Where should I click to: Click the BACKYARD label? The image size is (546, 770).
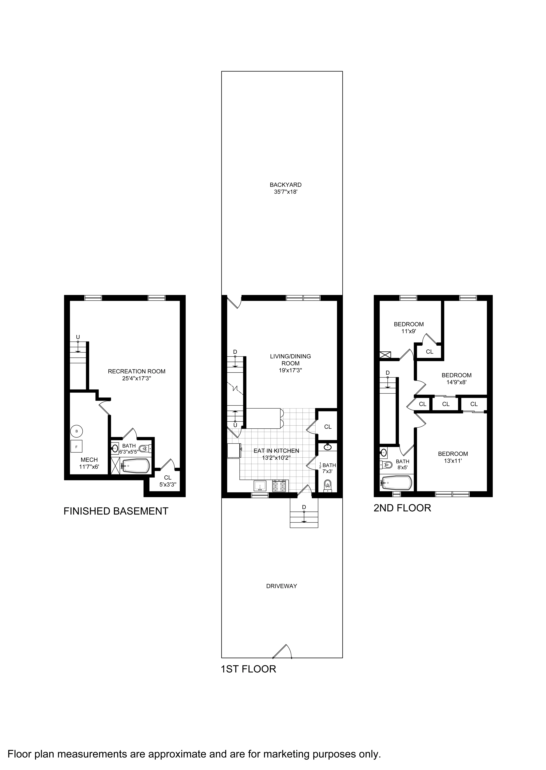pyautogui.click(x=285, y=184)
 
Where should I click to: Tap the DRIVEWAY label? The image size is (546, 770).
pyautogui.click(x=281, y=586)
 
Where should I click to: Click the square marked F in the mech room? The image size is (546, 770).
pyautogui.click(x=76, y=447)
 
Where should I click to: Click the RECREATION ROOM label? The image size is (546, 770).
pyautogui.click(x=136, y=371)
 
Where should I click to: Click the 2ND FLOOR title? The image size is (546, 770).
pyautogui.click(x=402, y=508)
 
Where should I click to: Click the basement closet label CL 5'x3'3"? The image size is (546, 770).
pyautogui.click(x=167, y=481)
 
